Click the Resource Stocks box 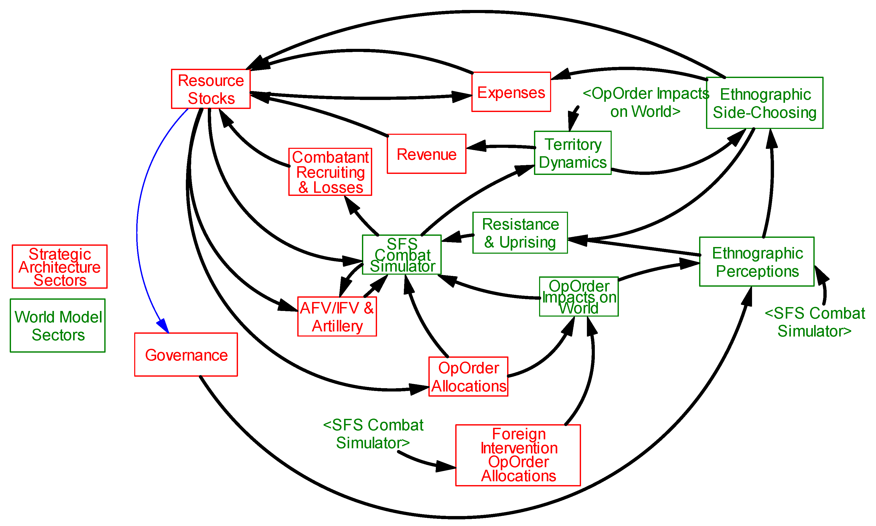coord(211,89)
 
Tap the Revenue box coord(426,154)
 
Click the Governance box coord(186,354)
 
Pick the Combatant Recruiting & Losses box coord(330,172)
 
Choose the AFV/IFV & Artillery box coord(337,317)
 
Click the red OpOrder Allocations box coord(468,376)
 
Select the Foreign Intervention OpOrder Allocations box coord(518,455)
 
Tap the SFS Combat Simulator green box coord(402,254)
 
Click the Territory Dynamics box coord(572,153)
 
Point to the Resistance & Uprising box coord(520,233)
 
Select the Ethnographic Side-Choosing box coord(764,103)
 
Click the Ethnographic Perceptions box coord(757,262)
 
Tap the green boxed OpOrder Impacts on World coord(579,297)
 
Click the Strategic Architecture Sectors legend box coord(60,266)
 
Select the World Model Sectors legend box coord(58,325)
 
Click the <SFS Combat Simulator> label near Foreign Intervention coord(373,433)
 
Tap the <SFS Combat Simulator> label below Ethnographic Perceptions coord(815,322)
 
